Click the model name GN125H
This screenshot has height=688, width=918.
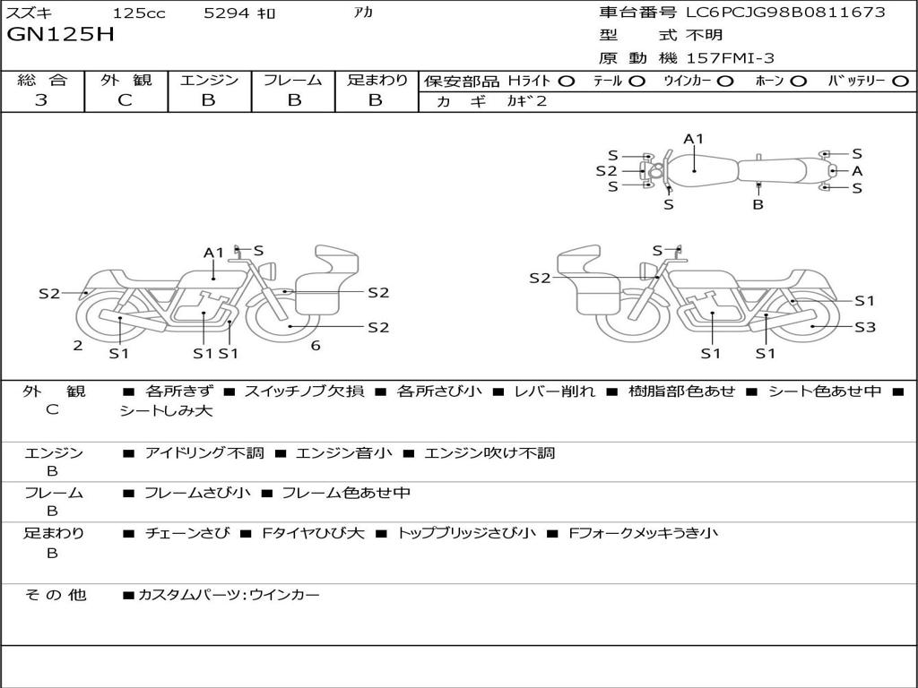60,36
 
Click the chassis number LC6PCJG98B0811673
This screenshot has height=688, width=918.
785,13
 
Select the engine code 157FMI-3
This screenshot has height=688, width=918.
731,58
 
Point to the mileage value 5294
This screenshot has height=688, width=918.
227,13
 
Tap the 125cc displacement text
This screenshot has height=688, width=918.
139,13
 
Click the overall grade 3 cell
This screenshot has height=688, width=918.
41,100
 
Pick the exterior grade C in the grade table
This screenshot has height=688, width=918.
125,100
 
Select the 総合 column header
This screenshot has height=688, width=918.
41,80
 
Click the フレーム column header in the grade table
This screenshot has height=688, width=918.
292,80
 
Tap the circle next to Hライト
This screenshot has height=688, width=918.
566,81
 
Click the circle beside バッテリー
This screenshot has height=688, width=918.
900,81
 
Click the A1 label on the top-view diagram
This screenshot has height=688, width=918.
694,139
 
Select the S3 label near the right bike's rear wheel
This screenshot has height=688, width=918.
864,328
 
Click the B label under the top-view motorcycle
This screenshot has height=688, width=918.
758,204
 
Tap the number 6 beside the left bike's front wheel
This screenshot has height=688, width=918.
316,346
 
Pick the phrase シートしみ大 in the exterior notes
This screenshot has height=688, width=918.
166,411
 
